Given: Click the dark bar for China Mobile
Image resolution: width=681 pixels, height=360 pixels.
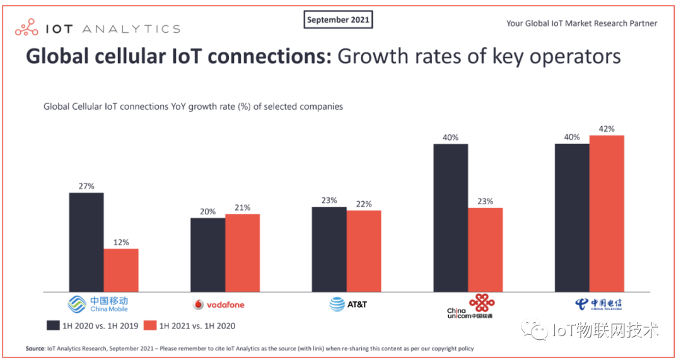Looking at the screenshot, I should pos(86,242).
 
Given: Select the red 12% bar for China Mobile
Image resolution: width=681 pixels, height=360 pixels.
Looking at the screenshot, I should pos(121,270).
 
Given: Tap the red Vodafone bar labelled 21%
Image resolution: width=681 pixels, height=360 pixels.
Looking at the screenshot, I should pos(242,253).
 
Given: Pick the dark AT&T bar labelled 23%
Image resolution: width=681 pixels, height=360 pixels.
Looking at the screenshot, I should pos(329,249).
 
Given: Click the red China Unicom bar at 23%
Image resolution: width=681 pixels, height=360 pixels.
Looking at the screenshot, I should pos(486,250).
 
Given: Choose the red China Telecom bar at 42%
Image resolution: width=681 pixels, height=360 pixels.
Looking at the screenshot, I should pos(607,214).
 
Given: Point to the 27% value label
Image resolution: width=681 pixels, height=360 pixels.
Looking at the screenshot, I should pos(86,186).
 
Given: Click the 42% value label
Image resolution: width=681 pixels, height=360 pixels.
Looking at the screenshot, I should pos(607,129).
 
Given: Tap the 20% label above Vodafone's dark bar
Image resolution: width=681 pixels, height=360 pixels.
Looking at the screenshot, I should pos(208,211).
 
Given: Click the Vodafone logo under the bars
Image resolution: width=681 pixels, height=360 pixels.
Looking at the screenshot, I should pos(218,305).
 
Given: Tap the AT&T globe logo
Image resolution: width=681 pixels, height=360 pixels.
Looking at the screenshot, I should pos(337,305).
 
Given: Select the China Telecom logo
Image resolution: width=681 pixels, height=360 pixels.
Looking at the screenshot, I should pos(598,305).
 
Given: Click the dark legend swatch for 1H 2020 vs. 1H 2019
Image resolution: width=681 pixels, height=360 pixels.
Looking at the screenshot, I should pos(53,326).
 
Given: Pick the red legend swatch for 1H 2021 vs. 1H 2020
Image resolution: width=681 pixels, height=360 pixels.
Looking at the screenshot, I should pos(150,326).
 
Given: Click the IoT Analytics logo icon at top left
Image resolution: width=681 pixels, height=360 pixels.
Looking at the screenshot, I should pos(27,28).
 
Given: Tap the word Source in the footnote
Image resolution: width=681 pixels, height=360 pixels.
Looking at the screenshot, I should pos(35,349).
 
